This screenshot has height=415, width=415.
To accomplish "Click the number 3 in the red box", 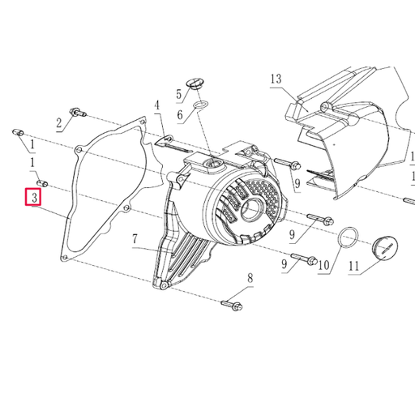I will point(35,198).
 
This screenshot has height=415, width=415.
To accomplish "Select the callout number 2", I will point(59,124).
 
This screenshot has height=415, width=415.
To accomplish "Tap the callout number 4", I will point(156,105).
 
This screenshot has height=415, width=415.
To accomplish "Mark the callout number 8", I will point(250,279).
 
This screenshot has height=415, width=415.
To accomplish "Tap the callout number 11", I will point(353,265).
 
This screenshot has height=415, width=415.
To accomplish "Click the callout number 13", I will point(276,79).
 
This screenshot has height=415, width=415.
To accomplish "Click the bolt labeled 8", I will point(229,306).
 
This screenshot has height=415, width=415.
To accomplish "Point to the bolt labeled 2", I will point(75,111).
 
